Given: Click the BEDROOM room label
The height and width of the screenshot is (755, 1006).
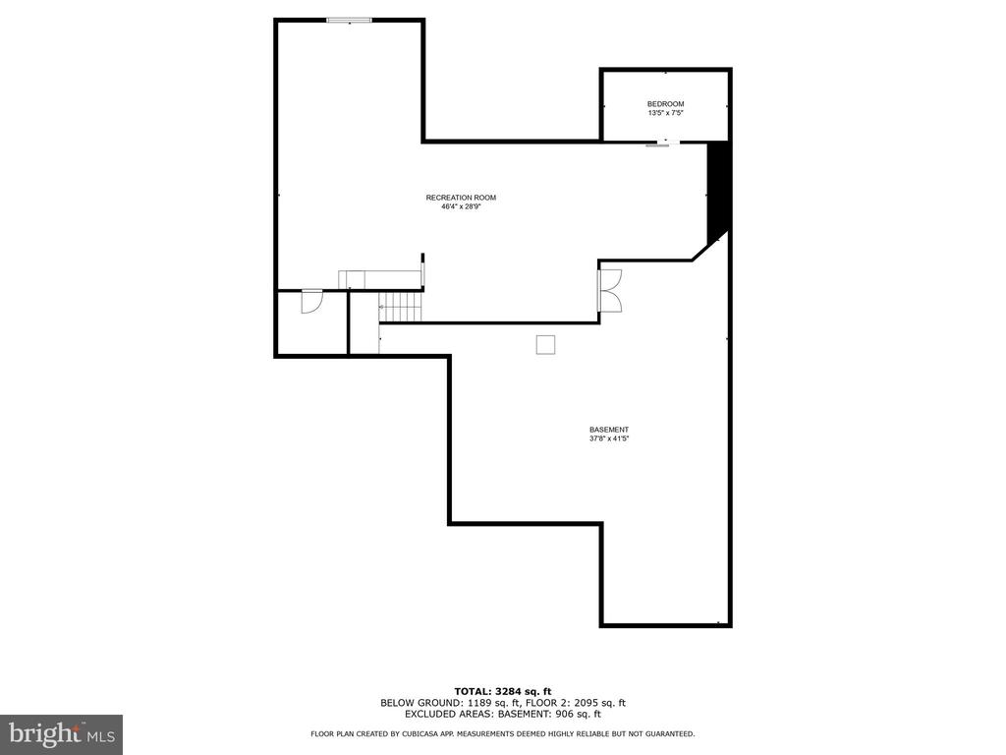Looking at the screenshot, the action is click(x=665, y=104).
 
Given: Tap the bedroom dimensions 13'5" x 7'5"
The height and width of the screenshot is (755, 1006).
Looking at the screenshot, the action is click(x=665, y=113).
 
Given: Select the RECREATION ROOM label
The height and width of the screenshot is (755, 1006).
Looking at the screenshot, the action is click(x=461, y=198).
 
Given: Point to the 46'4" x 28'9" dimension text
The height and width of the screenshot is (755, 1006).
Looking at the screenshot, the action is click(x=461, y=206).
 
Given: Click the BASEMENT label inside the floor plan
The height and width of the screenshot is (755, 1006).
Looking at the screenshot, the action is click(x=609, y=430).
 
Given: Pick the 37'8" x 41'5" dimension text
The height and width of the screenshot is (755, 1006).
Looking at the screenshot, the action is click(x=609, y=438).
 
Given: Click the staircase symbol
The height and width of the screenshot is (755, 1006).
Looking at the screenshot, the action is click(x=401, y=307).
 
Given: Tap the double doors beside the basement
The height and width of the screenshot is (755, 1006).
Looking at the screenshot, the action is click(x=610, y=291).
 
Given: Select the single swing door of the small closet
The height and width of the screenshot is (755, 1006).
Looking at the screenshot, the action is click(x=311, y=302).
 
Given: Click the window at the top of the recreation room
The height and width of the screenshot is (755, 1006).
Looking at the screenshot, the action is click(x=349, y=21).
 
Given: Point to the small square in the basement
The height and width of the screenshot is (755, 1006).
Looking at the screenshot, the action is click(x=545, y=345).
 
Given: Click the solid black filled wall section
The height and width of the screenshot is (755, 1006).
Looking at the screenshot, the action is click(x=717, y=193).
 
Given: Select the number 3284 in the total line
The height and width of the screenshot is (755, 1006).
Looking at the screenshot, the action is click(x=507, y=691).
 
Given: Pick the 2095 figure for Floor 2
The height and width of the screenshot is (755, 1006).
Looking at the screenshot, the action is click(x=587, y=702).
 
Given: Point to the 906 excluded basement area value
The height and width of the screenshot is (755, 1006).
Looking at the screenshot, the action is click(x=564, y=714).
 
